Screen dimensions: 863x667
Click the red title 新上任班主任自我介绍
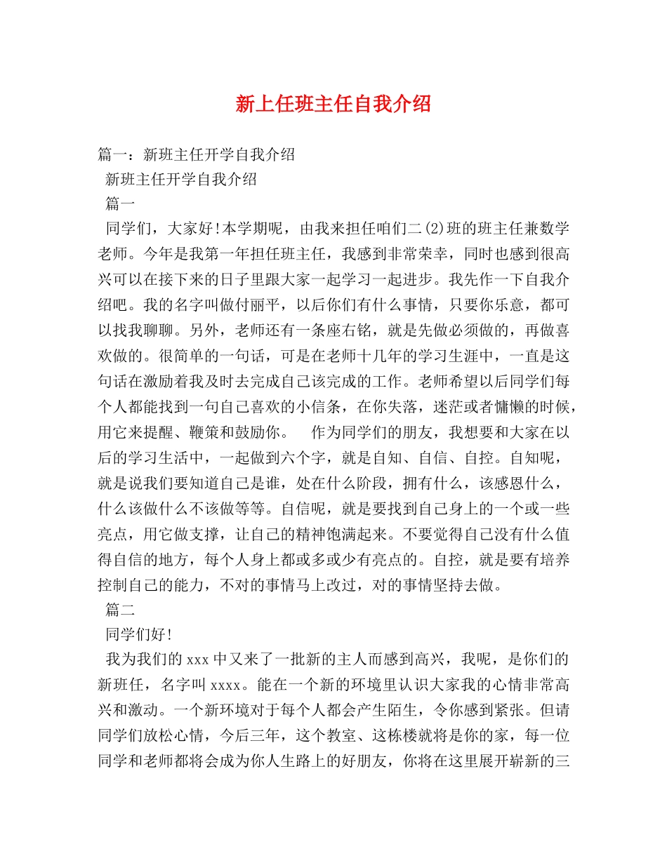coord(333,105)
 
